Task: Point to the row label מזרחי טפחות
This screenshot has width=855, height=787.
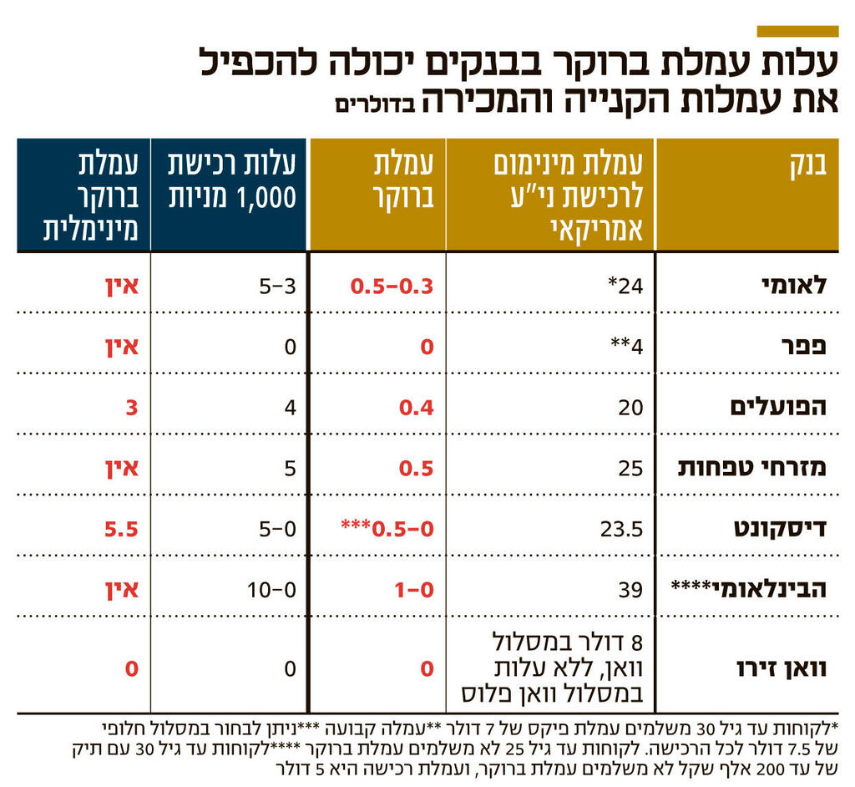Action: (x=752, y=468)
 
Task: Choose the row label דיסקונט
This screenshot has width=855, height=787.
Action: (x=781, y=529)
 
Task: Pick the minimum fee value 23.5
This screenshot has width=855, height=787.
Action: (x=622, y=529)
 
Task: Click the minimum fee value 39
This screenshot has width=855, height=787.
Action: (x=631, y=590)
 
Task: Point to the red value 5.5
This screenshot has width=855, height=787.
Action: (x=120, y=529)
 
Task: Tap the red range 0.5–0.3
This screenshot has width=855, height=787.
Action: (x=392, y=285)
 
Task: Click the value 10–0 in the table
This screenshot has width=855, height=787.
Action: (x=272, y=590)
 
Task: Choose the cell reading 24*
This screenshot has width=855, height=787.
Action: (x=625, y=285)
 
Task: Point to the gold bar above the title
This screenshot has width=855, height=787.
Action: (x=797, y=31)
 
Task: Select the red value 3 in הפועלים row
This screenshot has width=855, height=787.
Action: (x=131, y=407)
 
